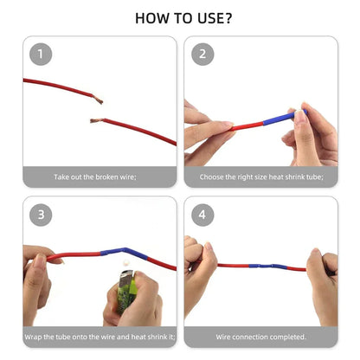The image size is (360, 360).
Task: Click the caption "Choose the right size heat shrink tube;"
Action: coord(260,177)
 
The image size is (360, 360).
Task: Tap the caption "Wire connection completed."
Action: coord(260,337)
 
